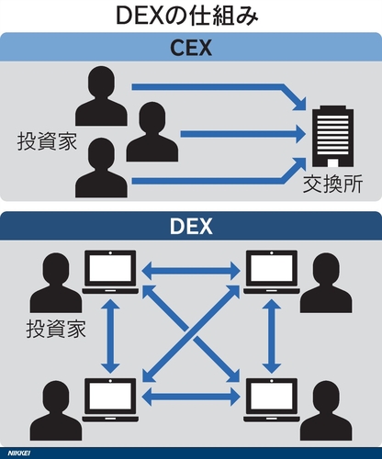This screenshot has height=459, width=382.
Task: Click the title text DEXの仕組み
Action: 187,16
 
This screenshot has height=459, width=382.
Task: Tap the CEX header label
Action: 191,48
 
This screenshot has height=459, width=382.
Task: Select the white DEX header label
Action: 191,226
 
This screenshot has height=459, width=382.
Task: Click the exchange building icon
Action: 332,137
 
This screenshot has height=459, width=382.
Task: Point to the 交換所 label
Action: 332,184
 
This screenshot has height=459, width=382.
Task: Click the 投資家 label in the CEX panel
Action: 47,141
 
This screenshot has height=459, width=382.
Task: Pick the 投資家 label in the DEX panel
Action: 56,329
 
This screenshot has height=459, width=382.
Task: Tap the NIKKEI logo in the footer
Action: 19,453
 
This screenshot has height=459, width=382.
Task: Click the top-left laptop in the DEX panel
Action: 110,272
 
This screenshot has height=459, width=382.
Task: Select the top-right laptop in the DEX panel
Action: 272,272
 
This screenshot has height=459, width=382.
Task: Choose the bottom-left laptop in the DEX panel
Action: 110,400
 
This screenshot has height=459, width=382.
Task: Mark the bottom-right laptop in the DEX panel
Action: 272,400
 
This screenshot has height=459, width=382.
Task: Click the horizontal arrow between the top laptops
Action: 191,271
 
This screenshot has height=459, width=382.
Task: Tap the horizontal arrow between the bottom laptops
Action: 191,397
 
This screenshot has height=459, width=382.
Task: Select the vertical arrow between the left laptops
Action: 110,336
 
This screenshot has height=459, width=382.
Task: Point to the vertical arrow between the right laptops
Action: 272,336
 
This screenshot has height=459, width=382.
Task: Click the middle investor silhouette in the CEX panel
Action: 152,132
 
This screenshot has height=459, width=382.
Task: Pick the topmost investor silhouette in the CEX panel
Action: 101,96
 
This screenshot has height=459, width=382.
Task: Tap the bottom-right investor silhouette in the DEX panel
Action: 326,410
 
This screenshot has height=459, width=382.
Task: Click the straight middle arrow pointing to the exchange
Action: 243,134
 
